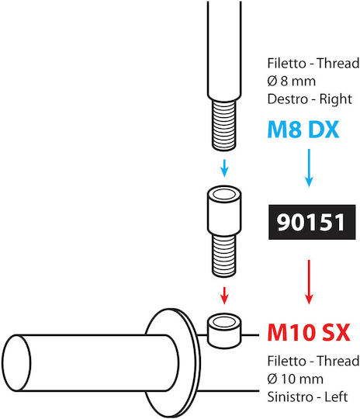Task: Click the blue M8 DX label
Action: coord(303,130)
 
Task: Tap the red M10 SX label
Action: coord(309,332)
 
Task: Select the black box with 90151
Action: coord(312,222)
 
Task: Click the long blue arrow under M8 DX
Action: coord(309,168)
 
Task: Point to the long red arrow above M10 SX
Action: coord(309,282)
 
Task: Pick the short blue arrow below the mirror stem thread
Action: coord(224,168)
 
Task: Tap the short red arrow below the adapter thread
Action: coord(224,296)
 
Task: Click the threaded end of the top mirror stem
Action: coord(224,125)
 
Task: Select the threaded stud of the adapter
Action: coord(224,256)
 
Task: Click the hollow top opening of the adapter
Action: coord(224,194)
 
